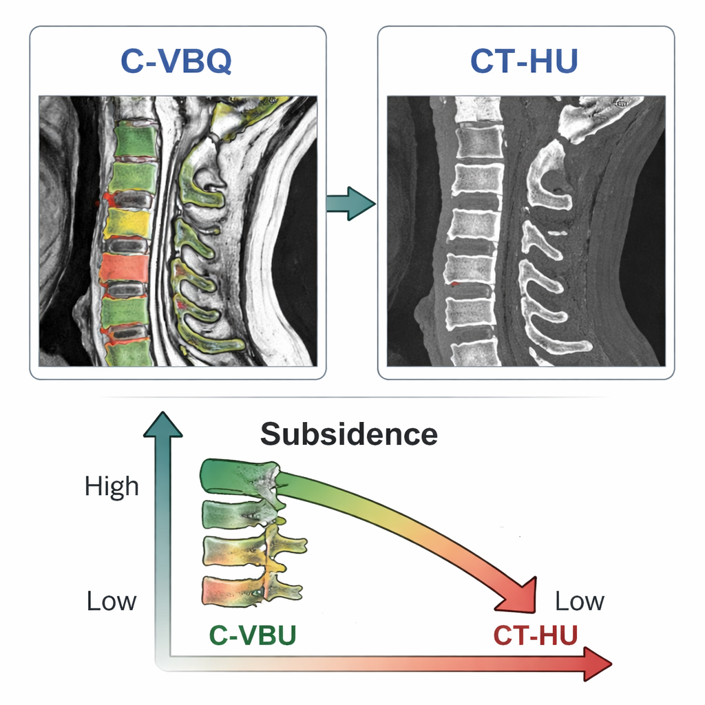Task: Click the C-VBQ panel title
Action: click(176, 62)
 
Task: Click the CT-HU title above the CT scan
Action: click(524, 62)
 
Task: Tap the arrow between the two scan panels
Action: click(350, 203)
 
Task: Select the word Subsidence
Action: click(349, 434)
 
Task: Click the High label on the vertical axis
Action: click(112, 487)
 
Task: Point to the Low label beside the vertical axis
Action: click(112, 601)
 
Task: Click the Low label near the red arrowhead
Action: click(580, 601)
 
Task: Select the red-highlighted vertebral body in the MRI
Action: click(124, 268)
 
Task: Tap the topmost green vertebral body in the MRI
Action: click(135, 140)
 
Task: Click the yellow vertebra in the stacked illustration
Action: click(234, 551)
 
